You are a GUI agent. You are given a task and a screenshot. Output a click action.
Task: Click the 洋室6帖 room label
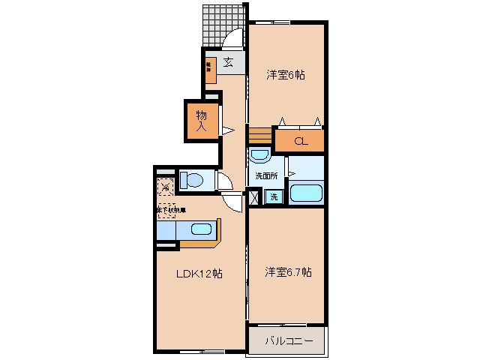pos(286,75)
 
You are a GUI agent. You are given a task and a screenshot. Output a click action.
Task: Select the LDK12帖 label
pos(199,274)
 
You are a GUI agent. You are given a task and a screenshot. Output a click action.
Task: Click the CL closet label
pos(300,141)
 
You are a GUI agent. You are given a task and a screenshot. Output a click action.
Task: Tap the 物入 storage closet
pos(202,121)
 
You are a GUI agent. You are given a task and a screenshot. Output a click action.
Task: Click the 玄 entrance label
pos(227,61)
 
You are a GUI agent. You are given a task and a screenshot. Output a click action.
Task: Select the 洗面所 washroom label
pos(265,175)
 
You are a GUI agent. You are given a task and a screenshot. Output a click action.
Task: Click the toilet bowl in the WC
pos(193,181)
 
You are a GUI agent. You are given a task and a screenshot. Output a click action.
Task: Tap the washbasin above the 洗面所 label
pos(259,156)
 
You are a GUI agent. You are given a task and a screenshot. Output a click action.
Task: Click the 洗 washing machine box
pos(274,197)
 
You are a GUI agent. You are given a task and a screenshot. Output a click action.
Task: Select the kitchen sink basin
pos(201,229)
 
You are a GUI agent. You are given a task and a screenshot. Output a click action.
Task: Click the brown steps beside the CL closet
pos(259,136)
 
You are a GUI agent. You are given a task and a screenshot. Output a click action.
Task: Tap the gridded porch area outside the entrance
pos(223,22)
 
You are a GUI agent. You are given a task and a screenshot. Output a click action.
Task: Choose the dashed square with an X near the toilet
pos(164,184)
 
